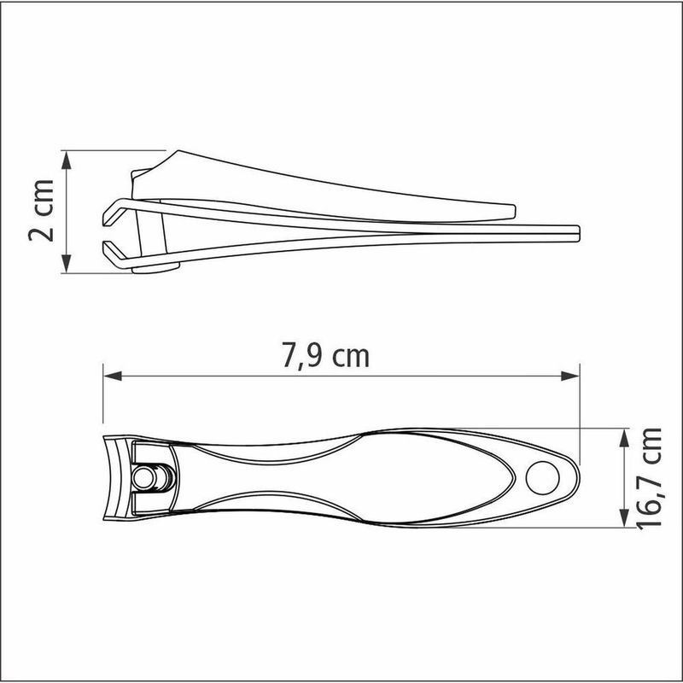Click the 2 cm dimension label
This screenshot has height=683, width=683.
pos(44,211)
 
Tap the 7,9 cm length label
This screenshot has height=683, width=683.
pos(326,354)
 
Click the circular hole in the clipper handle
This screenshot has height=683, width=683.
pos(540,477)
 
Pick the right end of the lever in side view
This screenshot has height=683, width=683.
pos(512,209)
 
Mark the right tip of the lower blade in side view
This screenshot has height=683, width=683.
pos(578,231)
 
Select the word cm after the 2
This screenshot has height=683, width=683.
pos(44,197)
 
